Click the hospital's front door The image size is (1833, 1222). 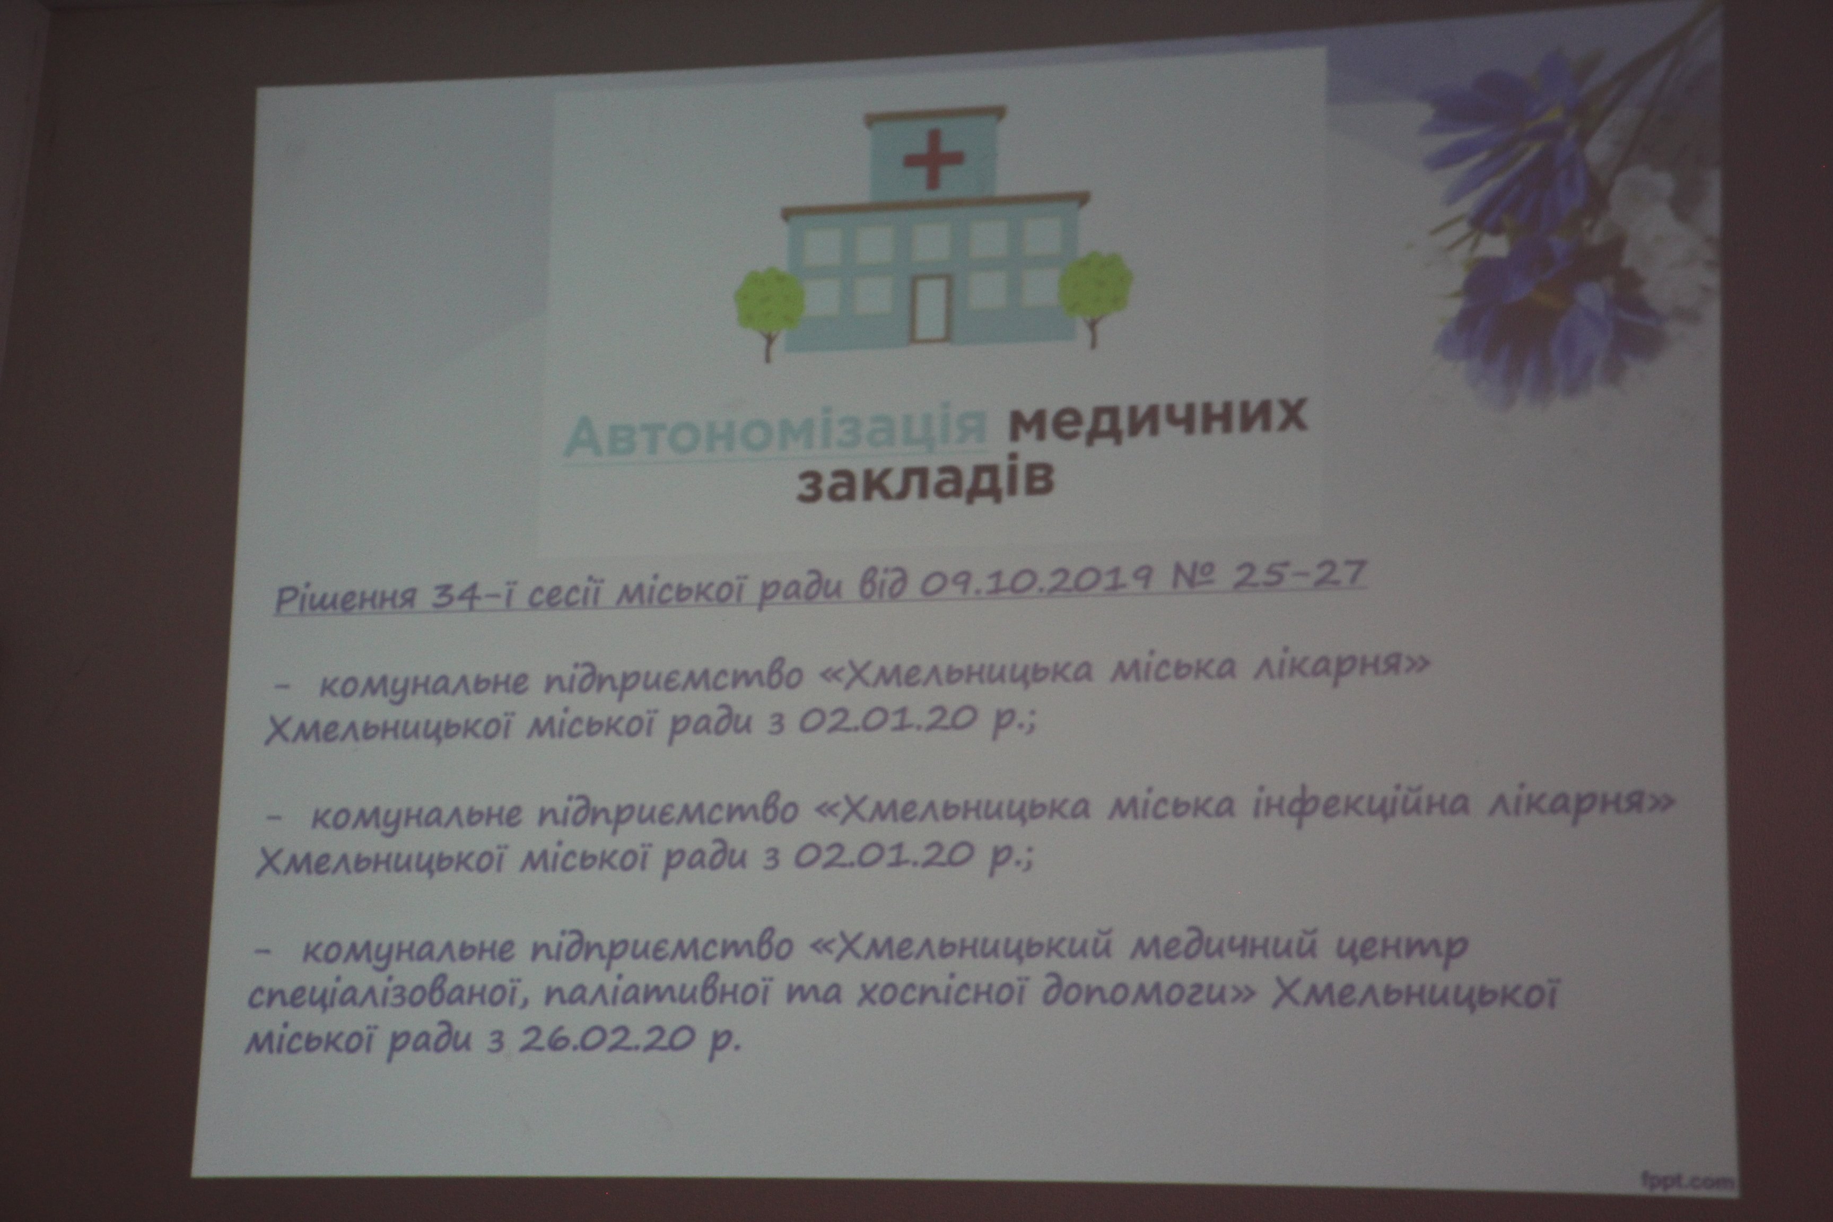click(x=931, y=309)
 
